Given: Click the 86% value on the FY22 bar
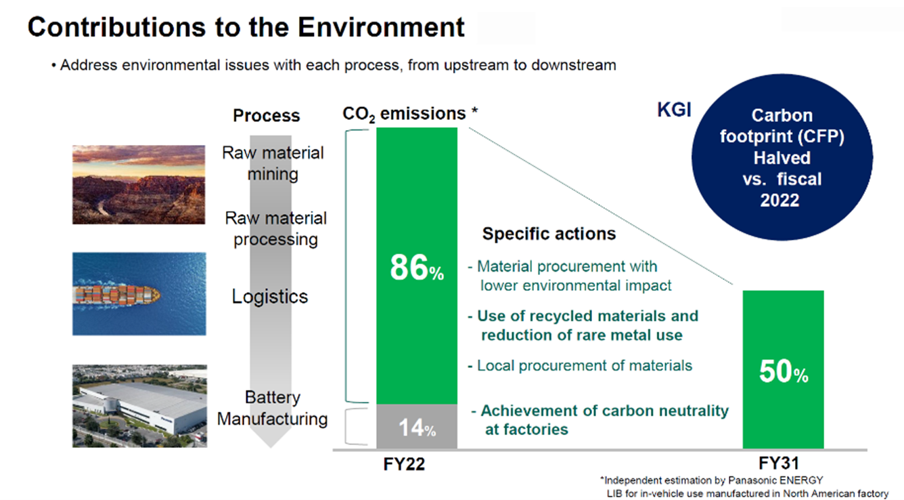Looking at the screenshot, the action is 417,268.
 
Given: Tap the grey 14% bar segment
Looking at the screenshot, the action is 417,426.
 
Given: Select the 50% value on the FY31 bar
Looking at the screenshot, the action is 784,371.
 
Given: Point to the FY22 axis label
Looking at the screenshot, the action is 404,464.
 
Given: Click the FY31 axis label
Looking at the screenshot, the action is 779,463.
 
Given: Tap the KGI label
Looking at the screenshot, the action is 675,110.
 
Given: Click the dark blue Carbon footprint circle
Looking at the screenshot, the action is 782,157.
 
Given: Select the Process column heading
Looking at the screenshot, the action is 267,116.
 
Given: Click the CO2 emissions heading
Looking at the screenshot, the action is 410,114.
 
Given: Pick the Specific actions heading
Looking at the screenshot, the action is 549,234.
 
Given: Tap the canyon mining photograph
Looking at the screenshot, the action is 139,185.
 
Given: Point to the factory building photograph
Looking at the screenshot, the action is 139,406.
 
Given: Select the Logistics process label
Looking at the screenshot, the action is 269,297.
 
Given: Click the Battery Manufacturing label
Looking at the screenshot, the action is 273,408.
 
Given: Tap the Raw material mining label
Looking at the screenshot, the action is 273,163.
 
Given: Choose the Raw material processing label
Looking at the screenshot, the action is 275,229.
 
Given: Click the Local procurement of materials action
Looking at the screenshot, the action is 580,365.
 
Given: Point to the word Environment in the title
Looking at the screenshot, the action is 382,28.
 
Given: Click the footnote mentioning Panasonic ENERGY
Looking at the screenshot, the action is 712,480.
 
